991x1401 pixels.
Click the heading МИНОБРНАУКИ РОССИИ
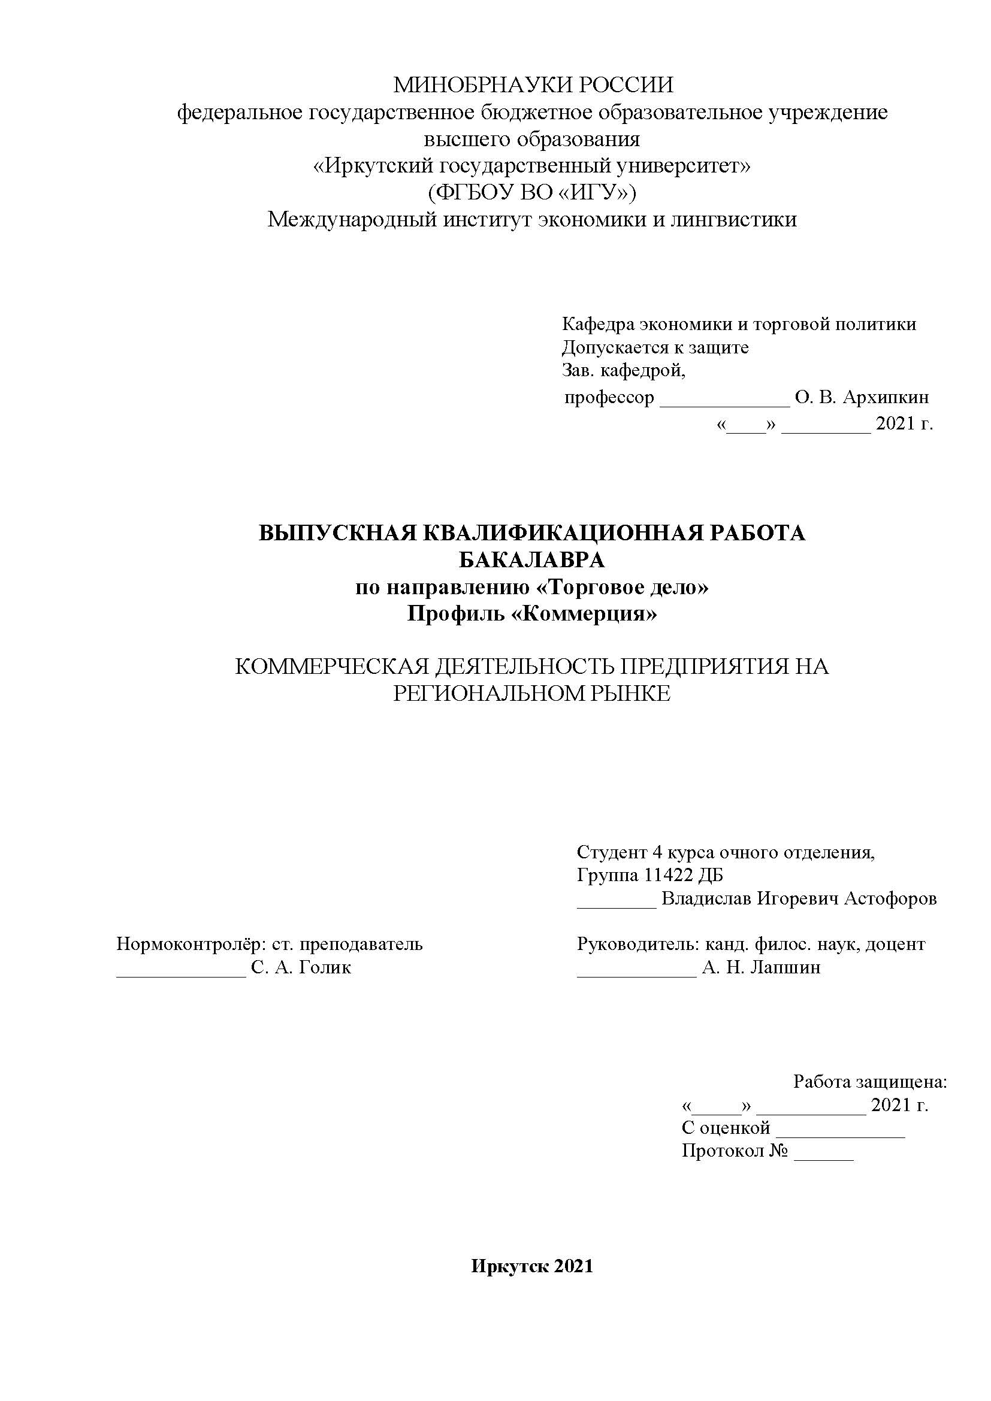533,85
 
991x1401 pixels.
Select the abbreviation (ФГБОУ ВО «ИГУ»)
531,193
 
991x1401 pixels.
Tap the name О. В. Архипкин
862,398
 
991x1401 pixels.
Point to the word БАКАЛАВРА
531,560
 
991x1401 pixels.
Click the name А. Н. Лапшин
761,968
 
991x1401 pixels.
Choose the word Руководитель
637,945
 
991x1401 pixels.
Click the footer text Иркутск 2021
531,1267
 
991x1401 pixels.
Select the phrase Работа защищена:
869,1082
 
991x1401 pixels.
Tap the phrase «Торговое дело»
621,588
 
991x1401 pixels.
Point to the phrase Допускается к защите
655,348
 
